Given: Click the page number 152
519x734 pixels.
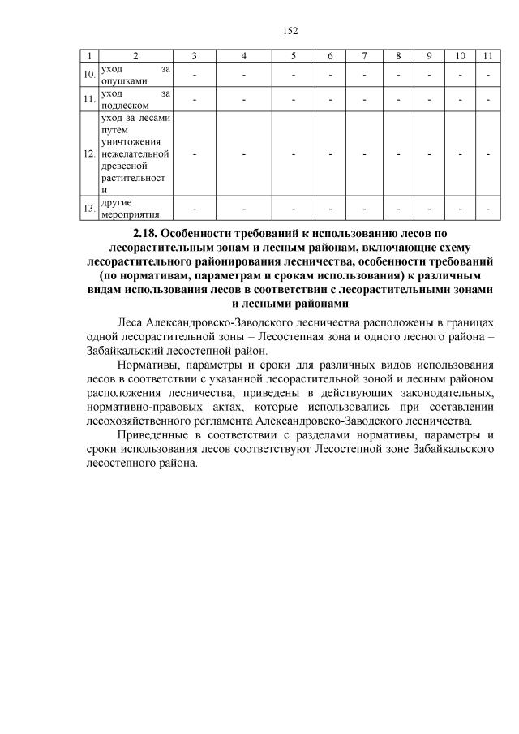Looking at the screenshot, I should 291,31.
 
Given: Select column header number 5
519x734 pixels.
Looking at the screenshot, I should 294,55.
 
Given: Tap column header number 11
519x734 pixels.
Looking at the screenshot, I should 487,55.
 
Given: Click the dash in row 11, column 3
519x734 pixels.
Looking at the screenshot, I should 195,99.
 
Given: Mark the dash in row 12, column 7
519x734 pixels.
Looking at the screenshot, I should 365,153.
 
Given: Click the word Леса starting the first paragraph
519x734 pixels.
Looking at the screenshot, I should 131,322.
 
